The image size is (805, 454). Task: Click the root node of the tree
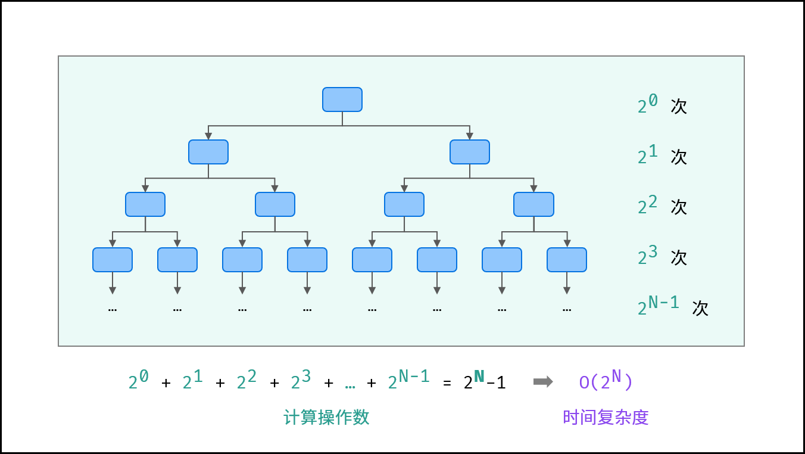(x=342, y=99)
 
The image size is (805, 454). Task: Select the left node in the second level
(x=208, y=152)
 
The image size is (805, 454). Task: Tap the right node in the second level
(x=470, y=152)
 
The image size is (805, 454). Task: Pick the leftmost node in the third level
(x=145, y=204)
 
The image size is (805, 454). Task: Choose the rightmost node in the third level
(x=533, y=204)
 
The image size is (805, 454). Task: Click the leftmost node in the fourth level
(x=113, y=260)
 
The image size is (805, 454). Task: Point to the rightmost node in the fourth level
(x=567, y=260)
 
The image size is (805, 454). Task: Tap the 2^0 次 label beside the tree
(x=662, y=105)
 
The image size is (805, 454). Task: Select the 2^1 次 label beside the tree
(x=662, y=156)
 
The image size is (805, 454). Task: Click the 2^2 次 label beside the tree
(x=662, y=206)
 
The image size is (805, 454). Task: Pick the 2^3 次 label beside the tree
(x=662, y=257)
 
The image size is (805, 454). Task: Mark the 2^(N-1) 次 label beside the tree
(x=673, y=307)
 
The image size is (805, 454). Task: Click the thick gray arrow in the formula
(x=543, y=382)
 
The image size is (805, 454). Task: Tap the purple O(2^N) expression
(x=606, y=381)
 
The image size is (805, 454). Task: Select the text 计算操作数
(x=326, y=418)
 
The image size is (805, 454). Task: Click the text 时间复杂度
(x=606, y=418)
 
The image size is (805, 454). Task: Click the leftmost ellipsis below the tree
(x=113, y=310)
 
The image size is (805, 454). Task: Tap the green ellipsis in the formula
(x=350, y=385)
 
